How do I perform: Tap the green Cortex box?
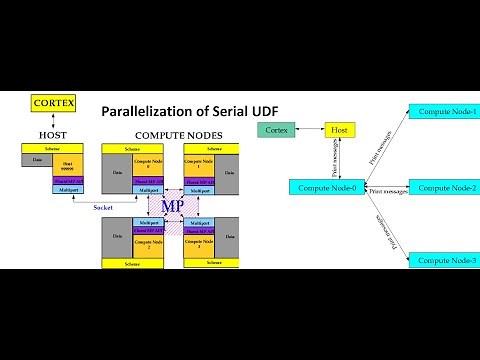(275, 130)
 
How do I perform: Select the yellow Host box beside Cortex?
(340, 130)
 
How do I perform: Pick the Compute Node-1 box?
(446, 110)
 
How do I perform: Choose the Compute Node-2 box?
(446, 187)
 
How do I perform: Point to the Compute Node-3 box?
(446, 260)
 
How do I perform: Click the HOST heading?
(52, 134)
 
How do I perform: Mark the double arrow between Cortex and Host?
(308, 130)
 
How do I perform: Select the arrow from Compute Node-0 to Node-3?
(378, 226)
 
